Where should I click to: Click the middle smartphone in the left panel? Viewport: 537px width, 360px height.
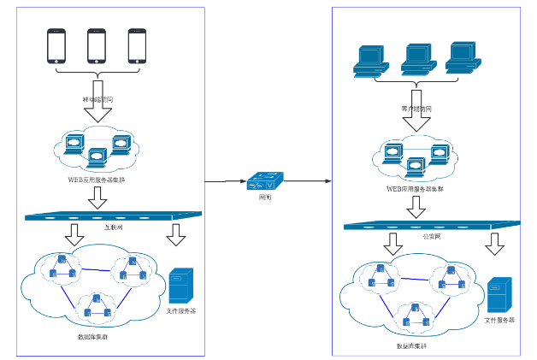tap(97, 46)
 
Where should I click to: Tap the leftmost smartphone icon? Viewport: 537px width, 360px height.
tap(56, 46)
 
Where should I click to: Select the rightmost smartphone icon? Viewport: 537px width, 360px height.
tap(138, 46)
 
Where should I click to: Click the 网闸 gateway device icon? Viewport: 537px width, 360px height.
tap(265, 182)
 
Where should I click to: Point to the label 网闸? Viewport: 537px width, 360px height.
tap(265, 197)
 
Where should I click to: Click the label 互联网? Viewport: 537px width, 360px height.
tap(102, 228)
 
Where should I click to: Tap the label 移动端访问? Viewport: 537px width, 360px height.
tap(97, 100)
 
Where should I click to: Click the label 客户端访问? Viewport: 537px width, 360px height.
tap(416, 109)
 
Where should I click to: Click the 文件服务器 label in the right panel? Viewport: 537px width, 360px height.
tap(499, 320)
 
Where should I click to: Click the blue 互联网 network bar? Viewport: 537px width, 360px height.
tap(111, 215)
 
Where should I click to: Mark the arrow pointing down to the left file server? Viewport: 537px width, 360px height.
tap(176, 233)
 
